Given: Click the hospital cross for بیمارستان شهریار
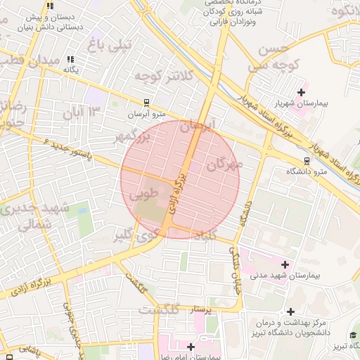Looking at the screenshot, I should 302,92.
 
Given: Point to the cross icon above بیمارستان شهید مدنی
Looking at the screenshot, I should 285,264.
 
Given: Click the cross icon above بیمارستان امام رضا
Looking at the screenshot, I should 191,346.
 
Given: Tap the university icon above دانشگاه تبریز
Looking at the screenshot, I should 354,336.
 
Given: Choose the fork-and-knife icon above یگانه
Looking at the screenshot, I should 70,60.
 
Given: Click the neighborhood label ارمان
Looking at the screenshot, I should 200,127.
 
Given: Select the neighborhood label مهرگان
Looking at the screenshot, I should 224,165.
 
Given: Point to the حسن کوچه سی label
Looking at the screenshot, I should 264,57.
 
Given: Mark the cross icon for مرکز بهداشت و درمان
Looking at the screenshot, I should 290,311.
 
